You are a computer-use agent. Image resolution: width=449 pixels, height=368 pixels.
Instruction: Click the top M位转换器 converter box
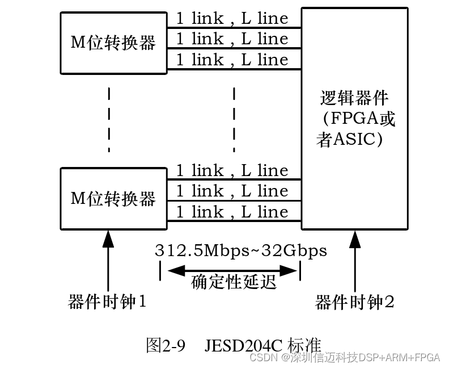(x=113, y=43)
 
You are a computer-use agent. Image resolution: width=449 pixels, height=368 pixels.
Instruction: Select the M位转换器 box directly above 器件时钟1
(x=113, y=199)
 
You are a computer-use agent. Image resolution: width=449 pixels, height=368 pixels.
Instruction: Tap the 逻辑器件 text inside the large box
(x=354, y=98)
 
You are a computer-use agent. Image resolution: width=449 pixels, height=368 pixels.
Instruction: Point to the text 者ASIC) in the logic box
(x=349, y=139)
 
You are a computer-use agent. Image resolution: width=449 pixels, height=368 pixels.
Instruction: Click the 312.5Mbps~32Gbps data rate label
(x=241, y=250)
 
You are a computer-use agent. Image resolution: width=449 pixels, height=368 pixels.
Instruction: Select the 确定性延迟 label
(x=234, y=282)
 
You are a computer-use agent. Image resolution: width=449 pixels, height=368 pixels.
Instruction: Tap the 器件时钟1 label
(x=108, y=302)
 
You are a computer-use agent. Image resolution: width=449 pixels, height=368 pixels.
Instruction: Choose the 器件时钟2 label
(x=355, y=302)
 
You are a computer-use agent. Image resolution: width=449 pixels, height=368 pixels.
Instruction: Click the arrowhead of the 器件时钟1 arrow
(x=108, y=239)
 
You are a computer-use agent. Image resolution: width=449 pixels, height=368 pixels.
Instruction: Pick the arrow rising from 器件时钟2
(x=355, y=261)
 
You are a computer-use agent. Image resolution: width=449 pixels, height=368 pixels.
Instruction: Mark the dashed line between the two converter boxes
(x=108, y=119)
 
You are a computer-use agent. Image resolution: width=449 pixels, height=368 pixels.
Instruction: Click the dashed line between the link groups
(x=234, y=119)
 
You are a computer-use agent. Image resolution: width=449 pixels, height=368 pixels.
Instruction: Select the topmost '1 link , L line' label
(x=232, y=19)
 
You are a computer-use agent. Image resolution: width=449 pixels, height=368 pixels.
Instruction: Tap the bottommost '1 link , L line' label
(x=232, y=212)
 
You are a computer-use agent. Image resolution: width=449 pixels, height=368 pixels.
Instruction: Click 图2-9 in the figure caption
(x=166, y=345)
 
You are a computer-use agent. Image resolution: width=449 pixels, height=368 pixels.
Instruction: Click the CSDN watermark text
(x=262, y=358)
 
